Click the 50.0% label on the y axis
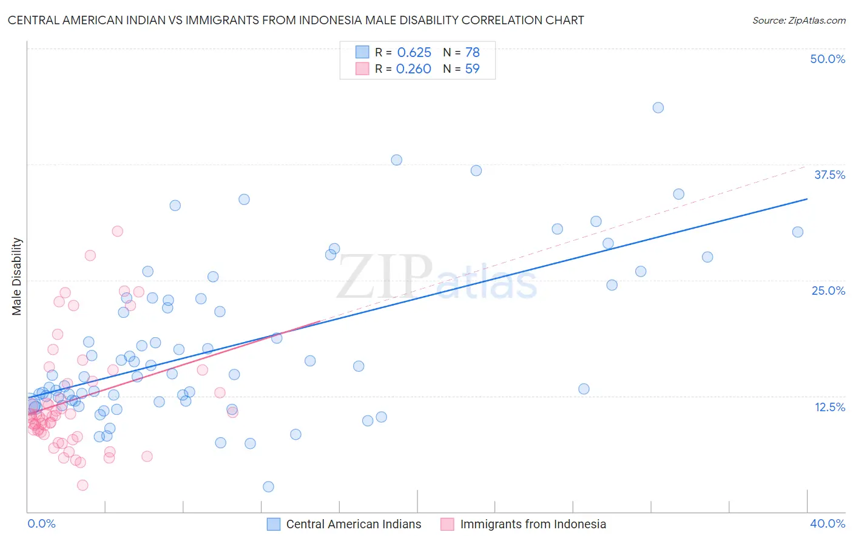(828, 59)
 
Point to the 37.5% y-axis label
(829, 175)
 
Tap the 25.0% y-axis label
(828, 291)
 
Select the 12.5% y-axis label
(829, 407)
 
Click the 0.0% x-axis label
(41, 523)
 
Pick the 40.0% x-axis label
(828, 523)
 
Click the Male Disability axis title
(17, 276)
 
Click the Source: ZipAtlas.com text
(798, 20)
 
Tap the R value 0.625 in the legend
(414, 52)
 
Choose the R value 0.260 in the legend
(413, 69)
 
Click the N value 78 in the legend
(472, 52)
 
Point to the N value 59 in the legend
(472, 69)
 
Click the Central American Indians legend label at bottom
(353, 524)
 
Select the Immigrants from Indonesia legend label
(533, 524)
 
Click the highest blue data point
(658, 108)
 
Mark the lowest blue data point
(268, 486)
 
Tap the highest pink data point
(118, 231)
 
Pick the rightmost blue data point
(798, 232)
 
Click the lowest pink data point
(83, 485)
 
